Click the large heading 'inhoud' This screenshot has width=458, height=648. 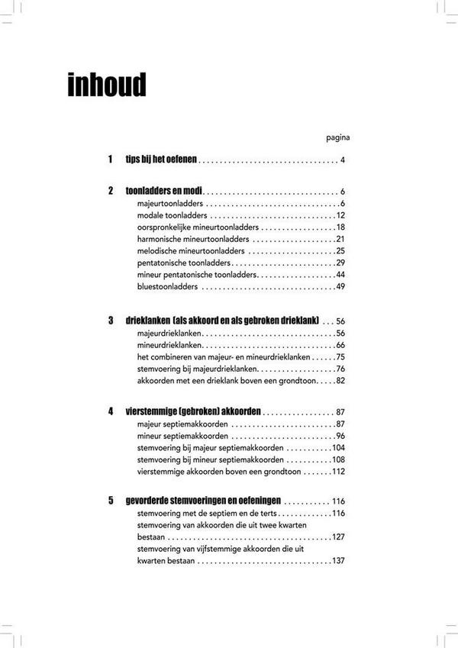point(106,85)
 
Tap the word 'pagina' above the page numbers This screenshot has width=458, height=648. point(337,138)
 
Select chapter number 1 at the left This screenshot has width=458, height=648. point(111,160)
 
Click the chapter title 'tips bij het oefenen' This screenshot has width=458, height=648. point(162,160)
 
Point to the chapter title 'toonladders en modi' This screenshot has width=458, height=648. point(163,191)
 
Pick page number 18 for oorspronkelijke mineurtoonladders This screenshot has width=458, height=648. point(340,227)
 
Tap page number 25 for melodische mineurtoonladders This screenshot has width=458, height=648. point(340,251)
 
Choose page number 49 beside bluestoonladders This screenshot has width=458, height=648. point(340,287)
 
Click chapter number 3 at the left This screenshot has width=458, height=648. point(111,321)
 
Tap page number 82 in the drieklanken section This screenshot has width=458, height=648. point(340,381)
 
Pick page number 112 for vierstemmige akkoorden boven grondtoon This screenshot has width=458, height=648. point(338,472)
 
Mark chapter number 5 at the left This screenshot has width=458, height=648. point(111,501)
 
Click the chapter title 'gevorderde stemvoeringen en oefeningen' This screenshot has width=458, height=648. point(203,501)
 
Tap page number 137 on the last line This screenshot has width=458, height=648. point(338,562)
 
